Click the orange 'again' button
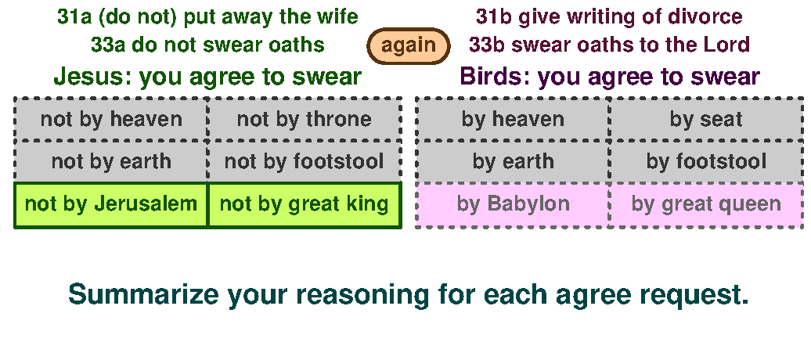409,45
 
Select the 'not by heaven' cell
111,120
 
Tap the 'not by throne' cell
304,120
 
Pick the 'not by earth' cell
111,162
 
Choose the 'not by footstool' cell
304,162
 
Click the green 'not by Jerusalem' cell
111,204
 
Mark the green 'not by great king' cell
304,204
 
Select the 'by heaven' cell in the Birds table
513,120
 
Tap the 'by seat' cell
706,120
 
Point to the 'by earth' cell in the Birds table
513,162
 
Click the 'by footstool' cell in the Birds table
706,162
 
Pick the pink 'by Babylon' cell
513,204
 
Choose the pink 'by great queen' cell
706,204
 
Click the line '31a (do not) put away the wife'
207,16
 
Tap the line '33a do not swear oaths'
207,45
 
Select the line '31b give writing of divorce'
609,16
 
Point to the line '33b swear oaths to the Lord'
609,45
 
